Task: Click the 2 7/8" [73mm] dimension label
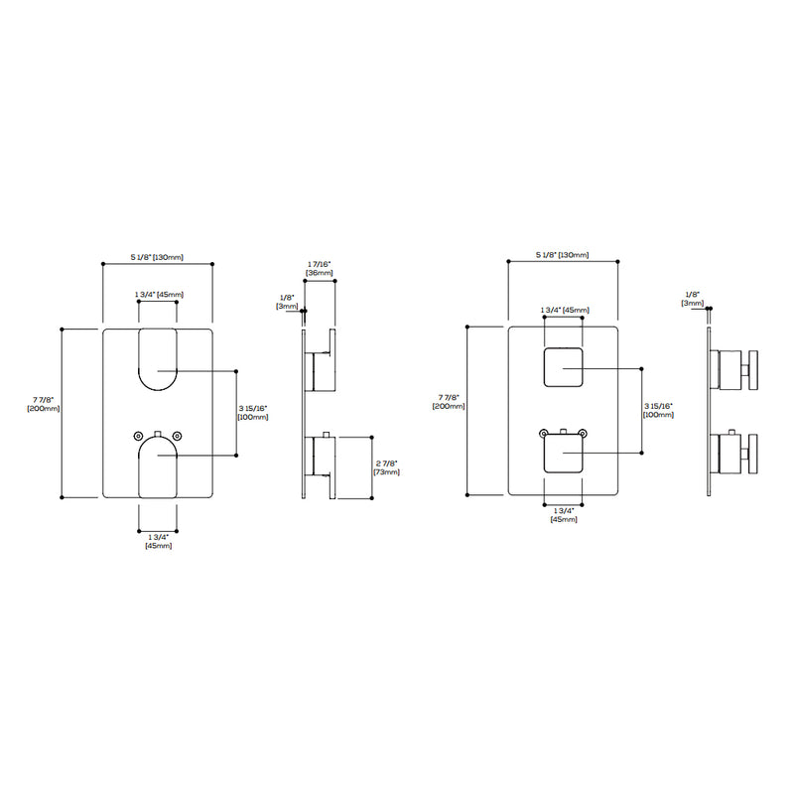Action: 386,467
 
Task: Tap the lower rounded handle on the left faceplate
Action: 157,467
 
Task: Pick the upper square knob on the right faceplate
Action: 563,369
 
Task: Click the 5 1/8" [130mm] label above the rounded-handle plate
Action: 157,257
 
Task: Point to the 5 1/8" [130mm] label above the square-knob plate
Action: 563,256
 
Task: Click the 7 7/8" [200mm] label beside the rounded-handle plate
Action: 43,403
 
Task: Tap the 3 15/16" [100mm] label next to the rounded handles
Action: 252,412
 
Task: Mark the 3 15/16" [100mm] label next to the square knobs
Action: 658,410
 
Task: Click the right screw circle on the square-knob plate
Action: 583,433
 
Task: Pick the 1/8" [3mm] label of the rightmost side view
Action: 693,298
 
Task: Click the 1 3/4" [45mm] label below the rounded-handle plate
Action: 158,542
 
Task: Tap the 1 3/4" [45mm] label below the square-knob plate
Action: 563,515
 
